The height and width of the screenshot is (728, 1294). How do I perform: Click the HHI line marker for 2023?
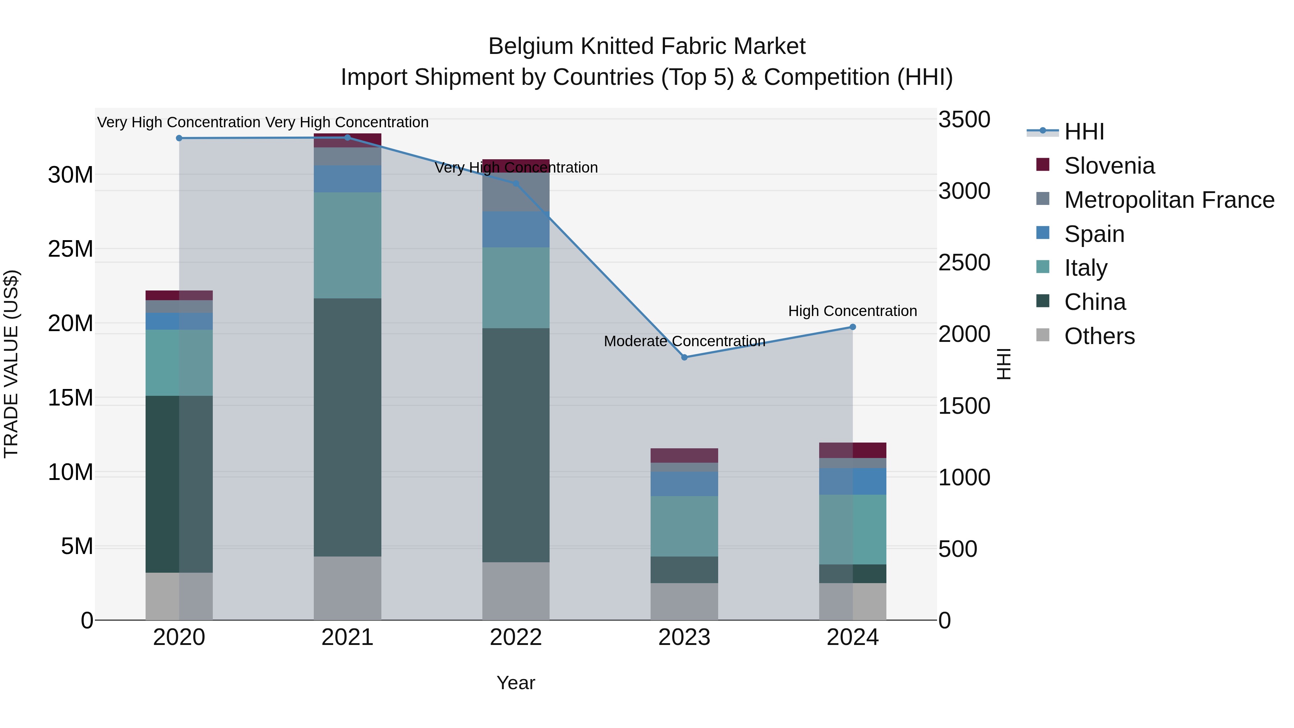click(x=684, y=357)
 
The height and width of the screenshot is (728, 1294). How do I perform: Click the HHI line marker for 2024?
click(x=853, y=327)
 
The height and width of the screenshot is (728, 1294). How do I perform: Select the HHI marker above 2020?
click(x=179, y=138)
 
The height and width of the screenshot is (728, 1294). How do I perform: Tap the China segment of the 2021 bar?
click(x=348, y=427)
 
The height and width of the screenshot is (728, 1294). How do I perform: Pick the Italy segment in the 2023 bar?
click(x=684, y=526)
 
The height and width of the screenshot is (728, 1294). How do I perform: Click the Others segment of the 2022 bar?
click(x=516, y=591)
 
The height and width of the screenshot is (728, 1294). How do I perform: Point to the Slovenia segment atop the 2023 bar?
click(x=684, y=455)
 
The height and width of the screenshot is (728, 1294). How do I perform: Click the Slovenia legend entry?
click(x=1109, y=166)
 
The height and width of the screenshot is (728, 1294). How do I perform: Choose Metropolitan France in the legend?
click(x=1169, y=200)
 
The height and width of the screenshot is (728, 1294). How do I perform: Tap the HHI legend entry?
click(x=1084, y=132)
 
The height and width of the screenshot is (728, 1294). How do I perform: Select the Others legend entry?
click(x=1099, y=336)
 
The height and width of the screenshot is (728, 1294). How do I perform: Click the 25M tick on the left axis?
click(x=70, y=249)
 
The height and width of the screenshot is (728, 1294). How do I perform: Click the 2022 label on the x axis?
click(x=516, y=637)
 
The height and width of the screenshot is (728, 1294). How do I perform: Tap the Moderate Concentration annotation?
click(x=684, y=341)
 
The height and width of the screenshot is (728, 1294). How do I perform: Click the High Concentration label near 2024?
click(x=853, y=311)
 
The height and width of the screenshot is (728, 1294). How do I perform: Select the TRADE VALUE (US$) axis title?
click(x=11, y=364)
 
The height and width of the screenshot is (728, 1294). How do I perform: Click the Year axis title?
click(x=516, y=683)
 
